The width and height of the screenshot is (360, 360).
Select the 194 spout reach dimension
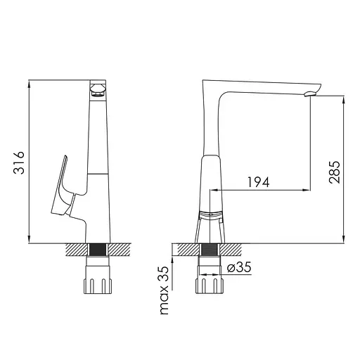tap(259, 182)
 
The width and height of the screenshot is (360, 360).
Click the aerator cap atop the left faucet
tap(98, 89)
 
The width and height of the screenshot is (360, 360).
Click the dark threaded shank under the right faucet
tap(210, 250)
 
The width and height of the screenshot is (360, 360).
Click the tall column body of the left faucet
tap(98, 141)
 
